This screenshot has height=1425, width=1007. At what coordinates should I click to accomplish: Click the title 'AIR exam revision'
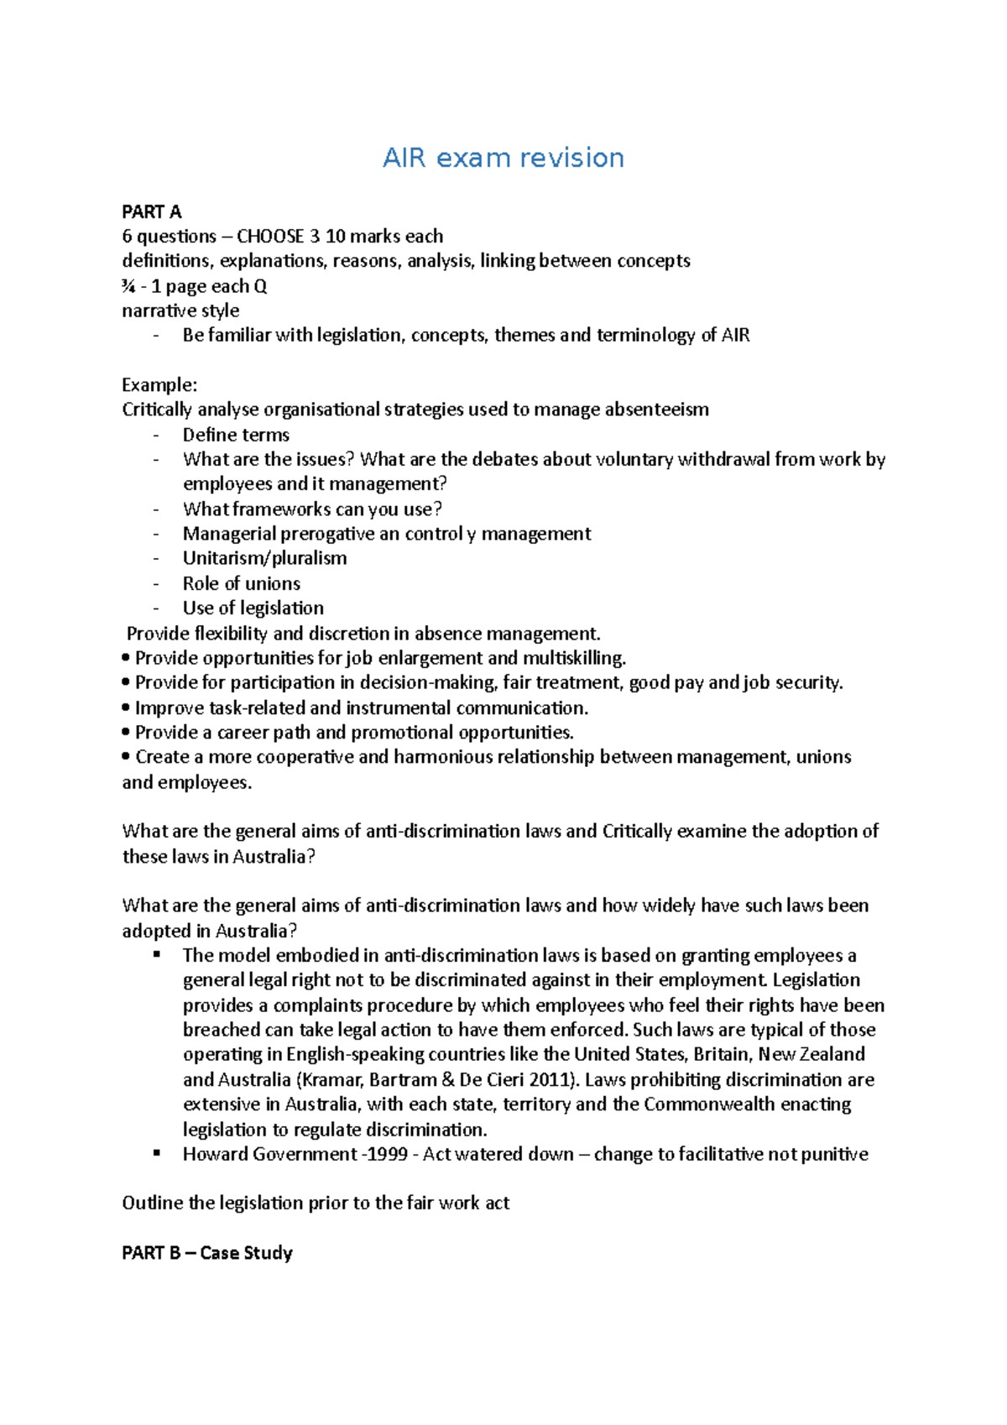click(x=503, y=158)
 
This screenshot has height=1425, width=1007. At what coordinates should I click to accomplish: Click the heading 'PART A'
click(x=151, y=211)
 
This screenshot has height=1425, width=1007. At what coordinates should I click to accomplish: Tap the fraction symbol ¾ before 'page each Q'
click(x=128, y=286)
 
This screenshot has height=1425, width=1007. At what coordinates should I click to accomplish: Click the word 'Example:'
click(x=159, y=385)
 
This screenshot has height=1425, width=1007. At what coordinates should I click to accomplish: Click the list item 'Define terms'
click(x=236, y=435)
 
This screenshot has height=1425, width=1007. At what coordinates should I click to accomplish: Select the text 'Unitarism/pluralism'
click(x=264, y=558)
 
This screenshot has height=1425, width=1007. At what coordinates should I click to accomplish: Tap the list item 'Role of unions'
click(x=241, y=583)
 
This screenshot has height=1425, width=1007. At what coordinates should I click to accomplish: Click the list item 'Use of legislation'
click(x=253, y=608)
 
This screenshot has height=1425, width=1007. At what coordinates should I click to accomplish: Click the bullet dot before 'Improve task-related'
click(x=127, y=708)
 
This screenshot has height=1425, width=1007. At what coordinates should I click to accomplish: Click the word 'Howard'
click(x=215, y=1155)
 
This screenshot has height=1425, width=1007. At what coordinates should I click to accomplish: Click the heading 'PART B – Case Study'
click(x=206, y=1253)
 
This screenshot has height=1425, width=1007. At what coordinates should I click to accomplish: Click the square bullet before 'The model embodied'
click(x=156, y=955)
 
